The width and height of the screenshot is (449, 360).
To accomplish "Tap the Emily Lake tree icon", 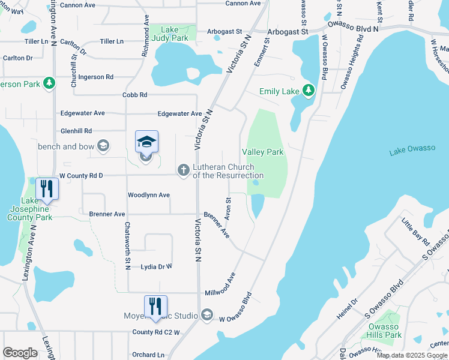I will click(309, 91).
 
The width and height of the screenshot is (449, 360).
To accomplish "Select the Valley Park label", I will click(262, 152).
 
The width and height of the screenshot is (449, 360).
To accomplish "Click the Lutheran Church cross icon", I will click(183, 170).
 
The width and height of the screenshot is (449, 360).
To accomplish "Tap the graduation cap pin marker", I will click(146, 142).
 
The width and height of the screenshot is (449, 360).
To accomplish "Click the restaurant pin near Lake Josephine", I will click(46, 189).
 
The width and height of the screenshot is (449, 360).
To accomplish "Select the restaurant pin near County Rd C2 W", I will click(155, 307).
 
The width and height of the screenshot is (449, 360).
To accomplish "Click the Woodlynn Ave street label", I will click(148, 196).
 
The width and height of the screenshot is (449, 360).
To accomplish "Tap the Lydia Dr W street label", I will click(156, 266).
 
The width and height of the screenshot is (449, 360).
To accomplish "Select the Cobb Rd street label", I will click(134, 95).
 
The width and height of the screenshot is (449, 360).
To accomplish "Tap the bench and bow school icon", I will click(103, 146).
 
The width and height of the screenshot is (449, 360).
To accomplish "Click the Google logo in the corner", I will click(20, 353).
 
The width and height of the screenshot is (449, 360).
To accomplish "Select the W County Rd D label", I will click(81, 175).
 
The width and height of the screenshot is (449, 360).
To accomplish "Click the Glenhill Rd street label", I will click(76, 131).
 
